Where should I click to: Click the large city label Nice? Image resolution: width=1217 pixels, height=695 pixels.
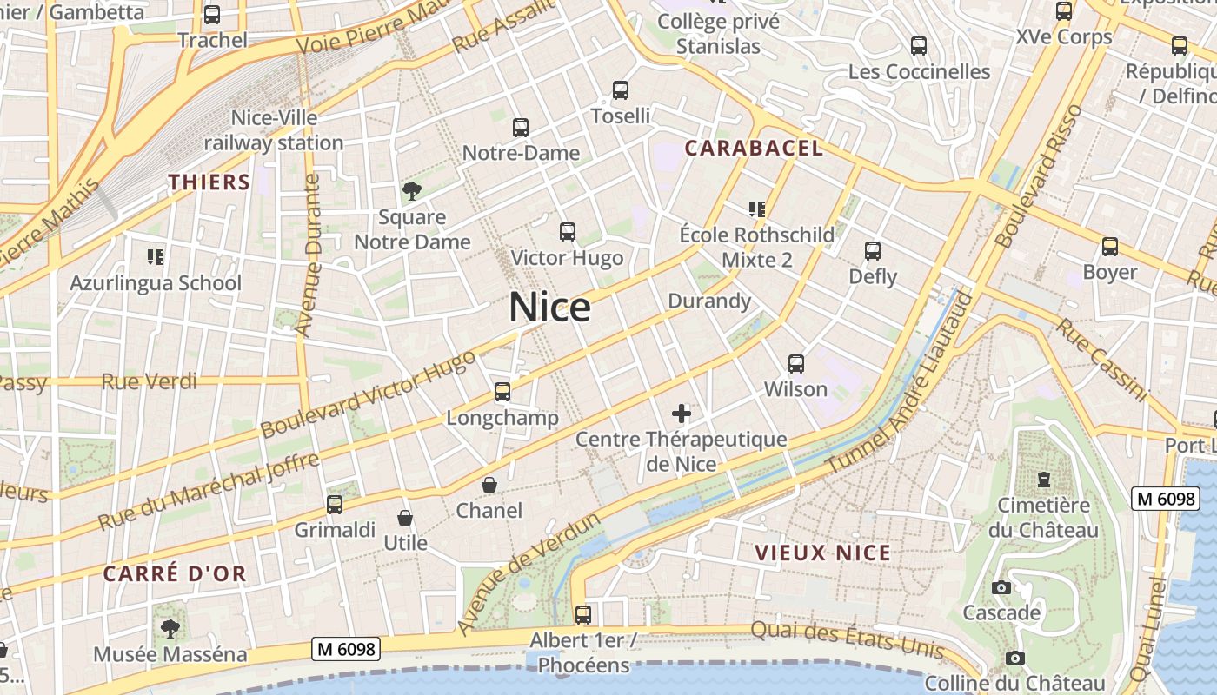[549, 308]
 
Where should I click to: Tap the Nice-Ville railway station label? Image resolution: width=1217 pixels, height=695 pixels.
[274, 130]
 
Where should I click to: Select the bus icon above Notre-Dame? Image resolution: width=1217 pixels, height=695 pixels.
[521, 128]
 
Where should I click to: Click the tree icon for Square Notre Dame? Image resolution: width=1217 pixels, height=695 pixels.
[412, 191]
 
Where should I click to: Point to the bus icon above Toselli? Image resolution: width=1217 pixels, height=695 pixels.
[621, 90]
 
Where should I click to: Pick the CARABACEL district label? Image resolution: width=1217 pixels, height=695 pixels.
[754, 149]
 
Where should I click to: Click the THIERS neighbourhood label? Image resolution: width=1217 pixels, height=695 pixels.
[209, 182]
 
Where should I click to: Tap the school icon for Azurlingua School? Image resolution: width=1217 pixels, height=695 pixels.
[156, 256]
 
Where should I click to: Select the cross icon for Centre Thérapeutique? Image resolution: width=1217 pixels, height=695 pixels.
[682, 414]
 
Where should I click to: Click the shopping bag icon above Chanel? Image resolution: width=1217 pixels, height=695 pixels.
[489, 485]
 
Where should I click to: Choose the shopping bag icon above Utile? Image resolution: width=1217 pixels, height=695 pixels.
[405, 518]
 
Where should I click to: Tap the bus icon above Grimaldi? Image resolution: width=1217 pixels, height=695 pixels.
[335, 505]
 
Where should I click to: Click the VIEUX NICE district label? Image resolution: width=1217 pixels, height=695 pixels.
[822, 553]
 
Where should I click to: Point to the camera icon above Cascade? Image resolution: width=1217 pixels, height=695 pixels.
[1001, 587]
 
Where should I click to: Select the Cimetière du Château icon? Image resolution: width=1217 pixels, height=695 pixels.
[1044, 479]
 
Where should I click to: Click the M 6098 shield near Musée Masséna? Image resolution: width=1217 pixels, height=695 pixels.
[346, 649]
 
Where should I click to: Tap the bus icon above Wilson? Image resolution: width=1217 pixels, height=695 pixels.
[796, 364]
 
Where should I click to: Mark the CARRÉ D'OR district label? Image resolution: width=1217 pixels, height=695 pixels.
[175, 573]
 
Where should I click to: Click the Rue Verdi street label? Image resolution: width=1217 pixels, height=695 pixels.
[149, 381]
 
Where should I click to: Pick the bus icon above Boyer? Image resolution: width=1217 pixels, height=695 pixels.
[1110, 247]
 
